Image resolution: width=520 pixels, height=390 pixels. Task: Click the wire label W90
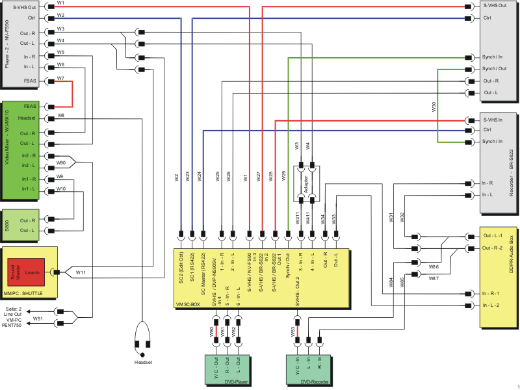pos(60,162)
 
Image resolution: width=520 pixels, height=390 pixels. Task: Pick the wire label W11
pos(81,272)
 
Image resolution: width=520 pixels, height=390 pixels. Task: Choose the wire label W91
pos(38,319)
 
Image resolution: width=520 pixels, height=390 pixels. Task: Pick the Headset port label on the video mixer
pos(26,118)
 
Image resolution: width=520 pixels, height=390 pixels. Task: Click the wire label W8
pos(60,115)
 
